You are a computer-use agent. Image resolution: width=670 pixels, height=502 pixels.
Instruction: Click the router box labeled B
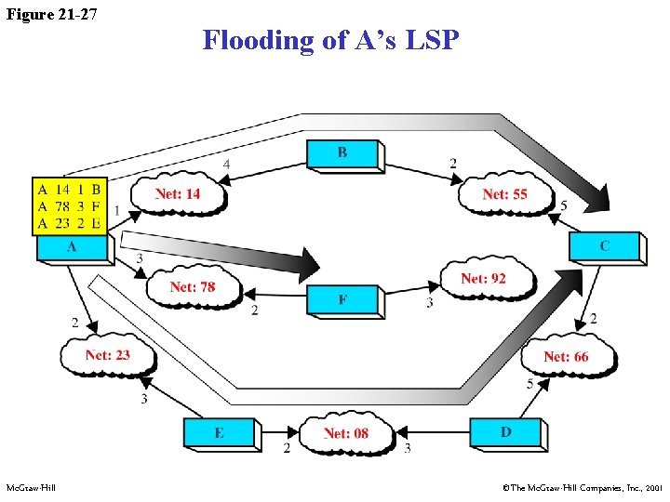[x=342, y=154]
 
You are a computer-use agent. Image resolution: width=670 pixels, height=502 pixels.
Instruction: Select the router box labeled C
[x=605, y=246]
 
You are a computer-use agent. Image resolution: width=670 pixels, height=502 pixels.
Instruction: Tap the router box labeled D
[x=505, y=432]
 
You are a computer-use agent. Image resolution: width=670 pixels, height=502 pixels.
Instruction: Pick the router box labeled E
[x=219, y=433]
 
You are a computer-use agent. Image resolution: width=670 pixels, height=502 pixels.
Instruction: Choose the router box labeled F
[x=343, y=300]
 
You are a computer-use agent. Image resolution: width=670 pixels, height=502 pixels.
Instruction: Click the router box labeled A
[x=73, y=248]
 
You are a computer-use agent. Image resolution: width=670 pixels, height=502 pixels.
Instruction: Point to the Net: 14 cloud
[x=177, y=194]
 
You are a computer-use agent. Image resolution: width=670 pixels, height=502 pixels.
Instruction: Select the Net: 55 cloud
[x=504, y=194]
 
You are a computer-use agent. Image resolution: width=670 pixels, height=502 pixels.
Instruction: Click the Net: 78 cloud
[x=193, y=287]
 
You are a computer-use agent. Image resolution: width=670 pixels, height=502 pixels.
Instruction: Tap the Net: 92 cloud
[x=484, y=278]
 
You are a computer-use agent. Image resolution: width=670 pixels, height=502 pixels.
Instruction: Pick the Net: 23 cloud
[x=107, y=354]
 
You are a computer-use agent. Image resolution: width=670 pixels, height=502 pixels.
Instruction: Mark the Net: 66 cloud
[x=566, y=356]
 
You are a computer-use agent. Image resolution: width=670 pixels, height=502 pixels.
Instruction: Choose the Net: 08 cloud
[x=346, y=433]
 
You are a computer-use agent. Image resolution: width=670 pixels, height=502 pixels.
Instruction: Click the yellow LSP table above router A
[x=70, y=205]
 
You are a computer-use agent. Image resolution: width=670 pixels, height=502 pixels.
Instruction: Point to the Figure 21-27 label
[x=51, y=14]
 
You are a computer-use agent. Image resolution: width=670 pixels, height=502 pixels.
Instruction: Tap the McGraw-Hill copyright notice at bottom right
[x=582, y=487]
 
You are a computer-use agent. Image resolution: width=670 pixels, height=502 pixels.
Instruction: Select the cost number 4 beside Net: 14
[x=226, y=165]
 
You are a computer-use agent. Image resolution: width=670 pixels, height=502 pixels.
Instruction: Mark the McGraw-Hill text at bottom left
[x=31, y=487]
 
